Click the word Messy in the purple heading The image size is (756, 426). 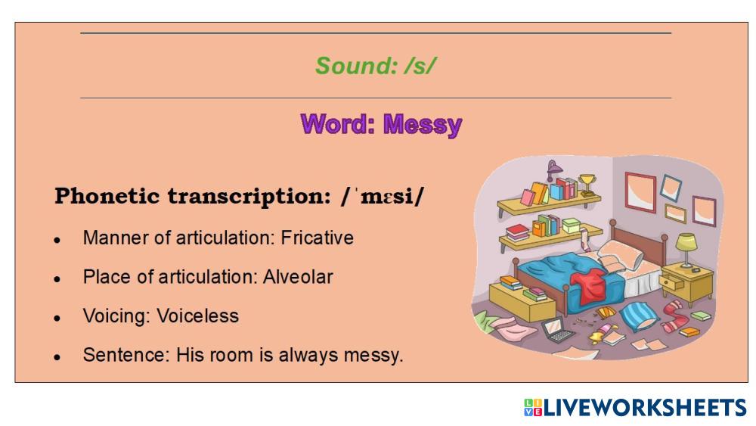tap(423, 125)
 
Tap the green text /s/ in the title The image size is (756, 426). tap(420, 66)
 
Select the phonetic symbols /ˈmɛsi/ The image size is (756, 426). tap(382, 197)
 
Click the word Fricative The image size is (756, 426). tap(318, 238)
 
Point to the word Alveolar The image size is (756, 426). tap(298, 277)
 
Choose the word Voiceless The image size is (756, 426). tap(197, 316)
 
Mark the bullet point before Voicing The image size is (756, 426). tap(57, 318)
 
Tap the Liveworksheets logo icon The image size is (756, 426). tap(533, 408)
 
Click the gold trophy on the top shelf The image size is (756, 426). tap(587, 185)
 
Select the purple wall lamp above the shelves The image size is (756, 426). tap(553, 169)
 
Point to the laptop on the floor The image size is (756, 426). tap(557, 329)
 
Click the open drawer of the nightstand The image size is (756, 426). tap(671, 282)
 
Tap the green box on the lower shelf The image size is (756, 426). tap(571, 225)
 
